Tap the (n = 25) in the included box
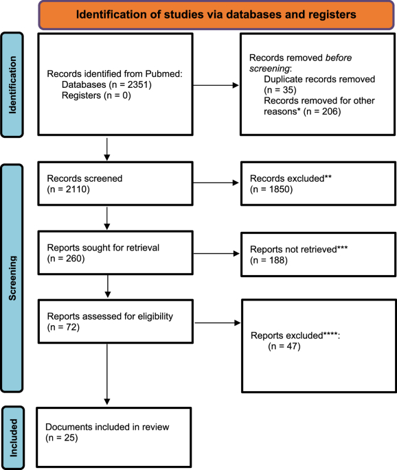pyautogui.click(x=63, y=437)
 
